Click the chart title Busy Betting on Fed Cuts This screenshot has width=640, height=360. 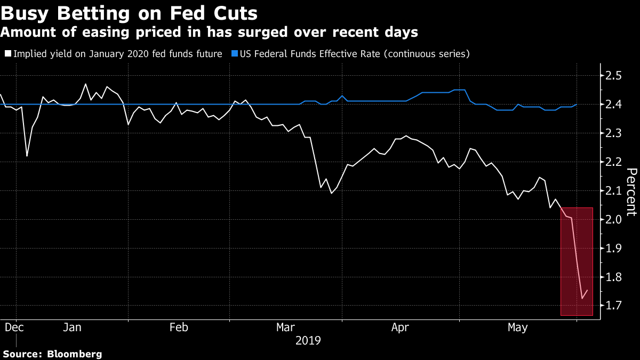tap(131, 13)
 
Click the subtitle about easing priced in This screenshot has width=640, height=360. tap(209, 33)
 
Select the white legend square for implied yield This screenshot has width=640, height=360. tap(7, 54)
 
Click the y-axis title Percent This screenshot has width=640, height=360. tap(631, 192)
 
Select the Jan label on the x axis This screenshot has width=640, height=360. tap(72, 327)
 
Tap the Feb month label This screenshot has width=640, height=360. tap(178, 327)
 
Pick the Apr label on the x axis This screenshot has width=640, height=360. tap(401, 327)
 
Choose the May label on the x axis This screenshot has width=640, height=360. tap(517, 327)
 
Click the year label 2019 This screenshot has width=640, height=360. tap(308, 340)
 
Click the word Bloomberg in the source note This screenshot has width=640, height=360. tap(75, 354)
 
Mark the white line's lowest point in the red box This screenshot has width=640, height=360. tap(581, 299)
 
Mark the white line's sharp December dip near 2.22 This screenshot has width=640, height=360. tap(27, 156)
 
